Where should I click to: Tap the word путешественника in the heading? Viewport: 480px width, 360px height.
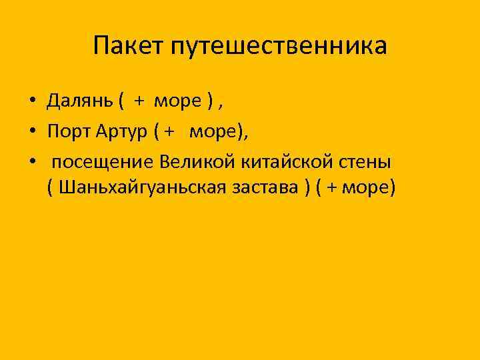coord(279,47)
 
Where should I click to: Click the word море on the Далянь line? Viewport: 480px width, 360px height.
coord(177,101)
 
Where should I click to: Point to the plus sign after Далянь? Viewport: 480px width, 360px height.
coord(139,101)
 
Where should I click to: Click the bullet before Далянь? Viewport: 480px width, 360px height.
coord(32,102)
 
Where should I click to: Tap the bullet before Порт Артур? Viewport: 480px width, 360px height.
coord(32,132)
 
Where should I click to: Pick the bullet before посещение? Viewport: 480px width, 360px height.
coord(32,163)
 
